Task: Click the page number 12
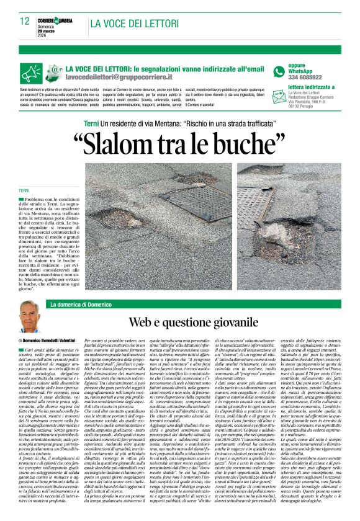point(24,20)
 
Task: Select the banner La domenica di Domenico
point(81,305)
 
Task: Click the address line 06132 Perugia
point(304,107)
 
